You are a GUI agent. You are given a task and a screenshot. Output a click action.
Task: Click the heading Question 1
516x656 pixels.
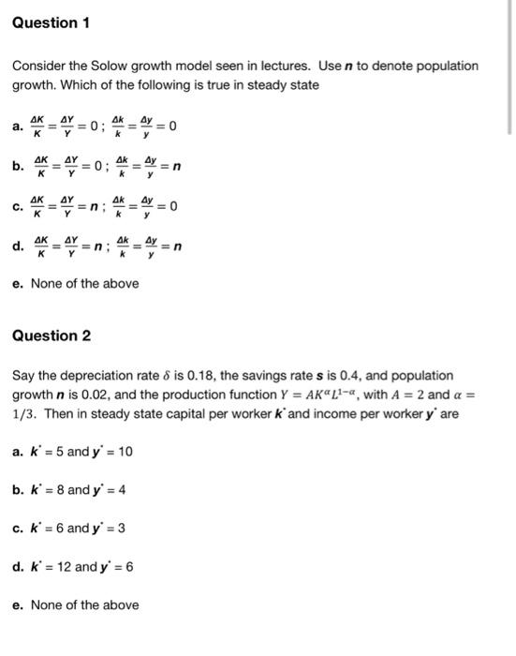point(51,22)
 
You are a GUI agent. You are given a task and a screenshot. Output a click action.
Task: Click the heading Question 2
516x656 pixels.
point(51,335)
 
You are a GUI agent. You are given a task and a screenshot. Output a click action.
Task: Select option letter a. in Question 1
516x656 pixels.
point(17,127)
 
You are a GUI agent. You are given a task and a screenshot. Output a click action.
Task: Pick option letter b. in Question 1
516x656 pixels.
point(17,167)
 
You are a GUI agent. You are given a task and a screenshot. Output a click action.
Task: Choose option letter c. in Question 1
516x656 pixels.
point(17,206)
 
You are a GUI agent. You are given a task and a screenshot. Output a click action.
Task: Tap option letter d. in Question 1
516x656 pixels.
point(17,246)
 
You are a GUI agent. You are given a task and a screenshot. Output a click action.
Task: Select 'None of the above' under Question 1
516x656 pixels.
point(84,283)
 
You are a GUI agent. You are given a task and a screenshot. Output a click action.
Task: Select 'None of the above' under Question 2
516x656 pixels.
point(84,604)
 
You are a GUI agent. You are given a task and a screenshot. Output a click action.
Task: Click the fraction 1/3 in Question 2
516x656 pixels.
point(24,413)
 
